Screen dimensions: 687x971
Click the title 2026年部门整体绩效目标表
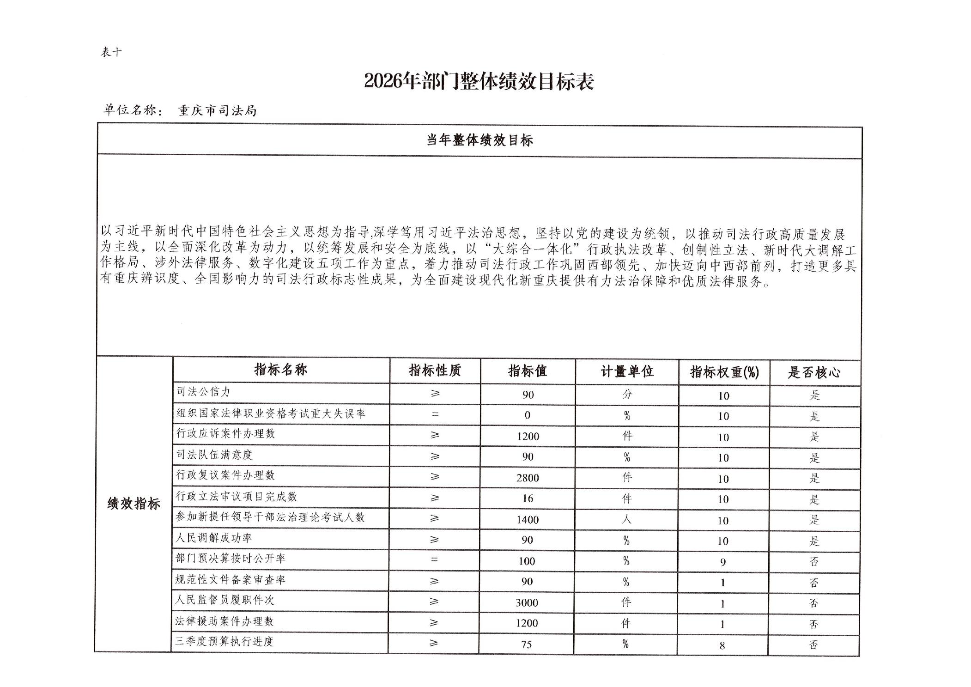click(x=479, y=81)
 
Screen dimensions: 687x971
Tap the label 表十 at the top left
click(x=111, y=52)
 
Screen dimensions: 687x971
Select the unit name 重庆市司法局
click(x=217, y=111)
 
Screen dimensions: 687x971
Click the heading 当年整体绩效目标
click(x=479, y=140)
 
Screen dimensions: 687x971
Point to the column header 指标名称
click(x=280, y=370)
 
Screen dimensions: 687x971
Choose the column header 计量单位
click(x=627, y=371)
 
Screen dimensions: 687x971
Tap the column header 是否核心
click(x=814, y=372)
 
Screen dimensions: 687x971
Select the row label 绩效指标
click(x=134, y=504)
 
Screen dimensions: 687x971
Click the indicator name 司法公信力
click(x=203, y=392)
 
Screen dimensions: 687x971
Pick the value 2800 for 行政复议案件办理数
click(x=528, y=478)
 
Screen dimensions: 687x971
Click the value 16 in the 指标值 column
click(x=528, y=499)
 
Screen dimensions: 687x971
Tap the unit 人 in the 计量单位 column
click(x=626, y=519)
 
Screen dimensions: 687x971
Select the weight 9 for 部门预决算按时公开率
click(x=723, y=562)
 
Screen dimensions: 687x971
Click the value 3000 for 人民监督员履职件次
click(x=527, y=603)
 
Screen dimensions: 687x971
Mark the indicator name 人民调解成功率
click(x=213, y=538)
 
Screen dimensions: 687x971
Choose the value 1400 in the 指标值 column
click(x=528, y=520)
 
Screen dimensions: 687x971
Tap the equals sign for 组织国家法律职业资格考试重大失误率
click(x=435, y=414)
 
